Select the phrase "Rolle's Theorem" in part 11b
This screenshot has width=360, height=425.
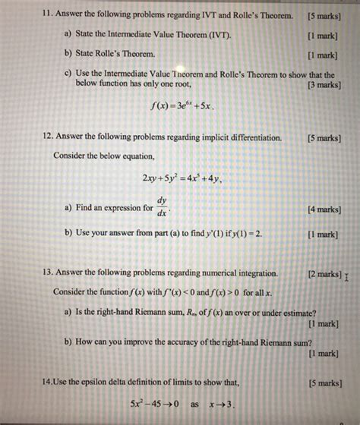click(x=125, y=55)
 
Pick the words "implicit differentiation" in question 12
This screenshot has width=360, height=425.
click(x=238, y=137)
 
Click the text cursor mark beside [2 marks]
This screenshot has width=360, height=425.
click(x=346, y=277)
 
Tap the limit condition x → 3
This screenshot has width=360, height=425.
click(x=219, y=404)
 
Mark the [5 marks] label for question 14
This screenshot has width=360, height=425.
click(x=324, y=383)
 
